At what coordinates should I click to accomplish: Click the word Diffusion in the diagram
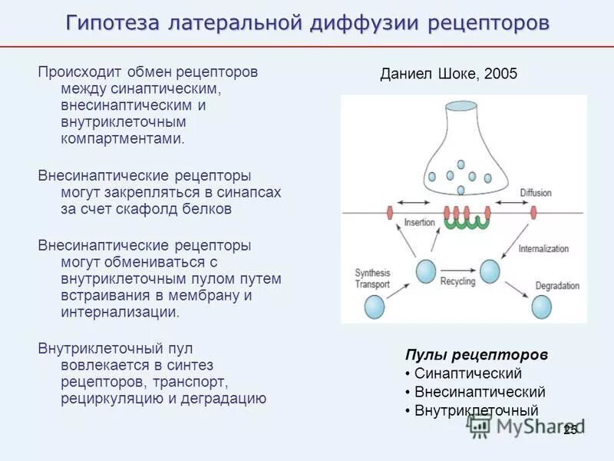tap(535, 192)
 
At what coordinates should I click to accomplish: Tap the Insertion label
tap(419, 223)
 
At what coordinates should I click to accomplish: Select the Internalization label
tap(543, 249)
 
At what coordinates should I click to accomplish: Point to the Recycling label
tap(457, 281)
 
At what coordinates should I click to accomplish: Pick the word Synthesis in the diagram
tap(372, 273)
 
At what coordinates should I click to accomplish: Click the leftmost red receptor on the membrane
tap(391, 212)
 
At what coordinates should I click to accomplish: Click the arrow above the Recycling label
tap(457, 270)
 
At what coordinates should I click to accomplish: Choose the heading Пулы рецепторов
tap(476, 355)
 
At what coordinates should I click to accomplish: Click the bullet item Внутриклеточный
tap(476, 410)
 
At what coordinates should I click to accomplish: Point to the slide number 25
tap(569, 430)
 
